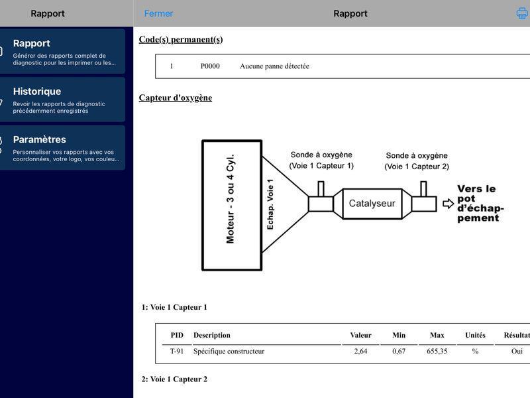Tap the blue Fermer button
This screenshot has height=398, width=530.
point(158,13)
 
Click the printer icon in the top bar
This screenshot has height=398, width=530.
point(522,13)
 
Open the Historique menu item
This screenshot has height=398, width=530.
point(62,99)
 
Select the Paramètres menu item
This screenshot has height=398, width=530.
point(62,147)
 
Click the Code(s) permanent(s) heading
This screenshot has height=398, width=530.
point(181,40)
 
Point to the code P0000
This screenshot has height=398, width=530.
point(210,66)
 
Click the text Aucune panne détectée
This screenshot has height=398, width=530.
point(274,66)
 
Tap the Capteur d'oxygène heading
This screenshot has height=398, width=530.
point(176,98)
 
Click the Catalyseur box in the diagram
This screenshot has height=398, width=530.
point(372,204)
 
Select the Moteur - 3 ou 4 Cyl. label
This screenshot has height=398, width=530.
point(231,199)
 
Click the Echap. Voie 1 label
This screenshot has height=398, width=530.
point(270,204)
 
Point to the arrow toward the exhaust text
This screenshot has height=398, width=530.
point(449,204)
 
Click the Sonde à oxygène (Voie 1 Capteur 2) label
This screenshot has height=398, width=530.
point(417,161)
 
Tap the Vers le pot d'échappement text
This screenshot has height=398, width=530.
point(480,204)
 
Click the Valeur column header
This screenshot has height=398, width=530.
point(360,335)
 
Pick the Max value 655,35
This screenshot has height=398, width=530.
point(437,352)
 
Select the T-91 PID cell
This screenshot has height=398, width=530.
point(177,352)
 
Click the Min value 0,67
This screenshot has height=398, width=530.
point(399,352)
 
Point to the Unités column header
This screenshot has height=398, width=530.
point(475,335)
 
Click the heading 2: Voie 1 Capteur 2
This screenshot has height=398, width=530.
point(174,379)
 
